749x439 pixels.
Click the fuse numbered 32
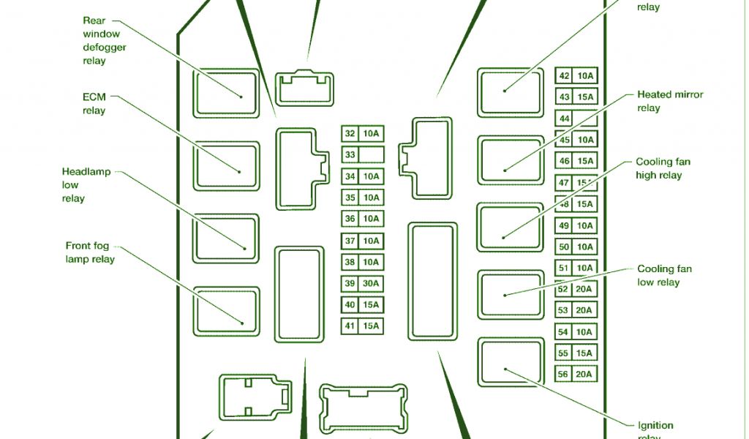[x=350, y=134]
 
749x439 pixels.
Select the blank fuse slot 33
[x=372, y=155]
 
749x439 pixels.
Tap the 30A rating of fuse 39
[x=372, y=284]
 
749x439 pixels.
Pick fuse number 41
[x=350, y=326]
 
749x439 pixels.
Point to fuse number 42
[x=565, y=76]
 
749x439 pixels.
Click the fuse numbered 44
[x=565, y=119]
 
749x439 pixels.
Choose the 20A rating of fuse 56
[x=584, y=375]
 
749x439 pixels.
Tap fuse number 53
[x=563, y=311]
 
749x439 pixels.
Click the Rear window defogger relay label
[x=105, y=41]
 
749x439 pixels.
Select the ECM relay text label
[x=94, y=104]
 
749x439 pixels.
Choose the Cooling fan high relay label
[x=663, y=168]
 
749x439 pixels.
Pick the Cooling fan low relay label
[x=663, y=275]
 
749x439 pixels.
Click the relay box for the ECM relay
[x=226, y=167]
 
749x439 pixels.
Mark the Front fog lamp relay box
[x=226, y=311]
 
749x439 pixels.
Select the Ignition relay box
[x=510, y=361]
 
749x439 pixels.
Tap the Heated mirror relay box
[x=510, y=160]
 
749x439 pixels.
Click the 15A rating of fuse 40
[x=372, y=305]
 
